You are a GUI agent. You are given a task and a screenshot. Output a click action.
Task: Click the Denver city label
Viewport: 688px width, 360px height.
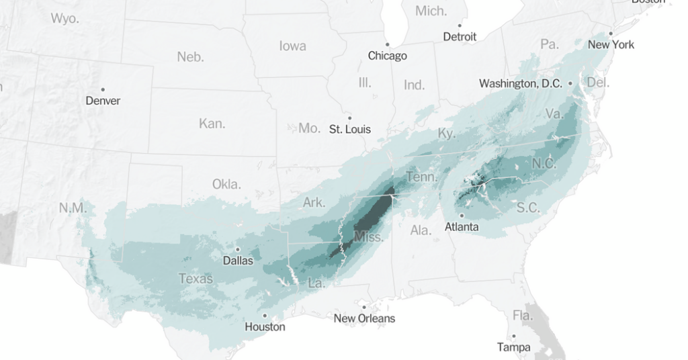click(x=103, y=101)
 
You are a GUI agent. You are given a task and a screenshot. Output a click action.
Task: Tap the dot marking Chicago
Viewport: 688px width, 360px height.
click(x=387, y=45)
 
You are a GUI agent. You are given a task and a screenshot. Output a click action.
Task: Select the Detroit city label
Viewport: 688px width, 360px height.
click(x=460, y=37)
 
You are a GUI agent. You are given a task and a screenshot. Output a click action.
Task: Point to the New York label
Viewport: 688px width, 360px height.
click(x=611, y=44)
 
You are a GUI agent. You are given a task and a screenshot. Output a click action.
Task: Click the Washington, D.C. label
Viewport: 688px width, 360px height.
click(x=520, y=84)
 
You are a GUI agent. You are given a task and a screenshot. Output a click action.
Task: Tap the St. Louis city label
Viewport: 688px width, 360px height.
click(x=349, y=129)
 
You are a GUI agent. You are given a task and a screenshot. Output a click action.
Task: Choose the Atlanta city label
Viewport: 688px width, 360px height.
click(x=462, y=227)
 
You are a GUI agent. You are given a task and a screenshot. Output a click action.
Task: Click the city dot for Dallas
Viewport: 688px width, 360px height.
click(x=237, y=249)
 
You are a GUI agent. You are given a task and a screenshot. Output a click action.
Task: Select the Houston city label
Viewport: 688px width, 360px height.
click(x=265, y=326)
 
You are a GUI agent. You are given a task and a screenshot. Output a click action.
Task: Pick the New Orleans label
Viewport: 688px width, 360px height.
click(x=364, y=318)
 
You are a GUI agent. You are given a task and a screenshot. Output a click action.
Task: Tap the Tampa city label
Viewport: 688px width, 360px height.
click(x=513, y=347)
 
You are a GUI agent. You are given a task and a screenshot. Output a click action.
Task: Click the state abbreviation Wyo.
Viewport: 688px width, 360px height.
click(x=64, y=18)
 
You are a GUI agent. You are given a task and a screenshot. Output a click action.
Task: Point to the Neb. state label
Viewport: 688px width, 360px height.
click(x=190, y=57)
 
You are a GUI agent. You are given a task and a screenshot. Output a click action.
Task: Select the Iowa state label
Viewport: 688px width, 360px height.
click(x=292, y=46)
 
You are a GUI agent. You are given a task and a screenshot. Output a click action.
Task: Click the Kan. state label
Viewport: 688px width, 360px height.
click(x=212, y=124)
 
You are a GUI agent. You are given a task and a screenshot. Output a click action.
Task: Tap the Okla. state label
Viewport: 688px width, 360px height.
click(x=226, y=183)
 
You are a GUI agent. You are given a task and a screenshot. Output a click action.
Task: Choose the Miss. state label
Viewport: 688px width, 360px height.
click(x=369, y=237)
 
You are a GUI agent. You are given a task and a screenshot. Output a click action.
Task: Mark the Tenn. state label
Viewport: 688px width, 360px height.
click(x=421, y=177)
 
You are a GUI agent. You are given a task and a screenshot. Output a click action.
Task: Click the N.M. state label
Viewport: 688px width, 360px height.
click(x=73, y=208)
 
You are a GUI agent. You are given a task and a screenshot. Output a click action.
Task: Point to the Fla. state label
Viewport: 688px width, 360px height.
click(x=522, y=315)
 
